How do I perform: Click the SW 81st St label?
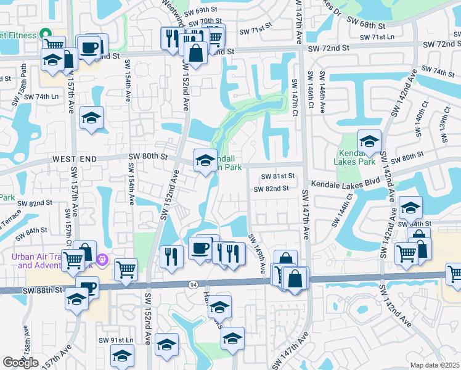tap(278, 176)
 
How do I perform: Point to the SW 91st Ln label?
tap(116, 340)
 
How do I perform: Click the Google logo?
tap(20, 363)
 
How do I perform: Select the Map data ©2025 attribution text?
tap(434, 365)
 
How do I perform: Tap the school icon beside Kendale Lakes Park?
tap(369, 141)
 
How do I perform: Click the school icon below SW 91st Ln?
tap(122, 355)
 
